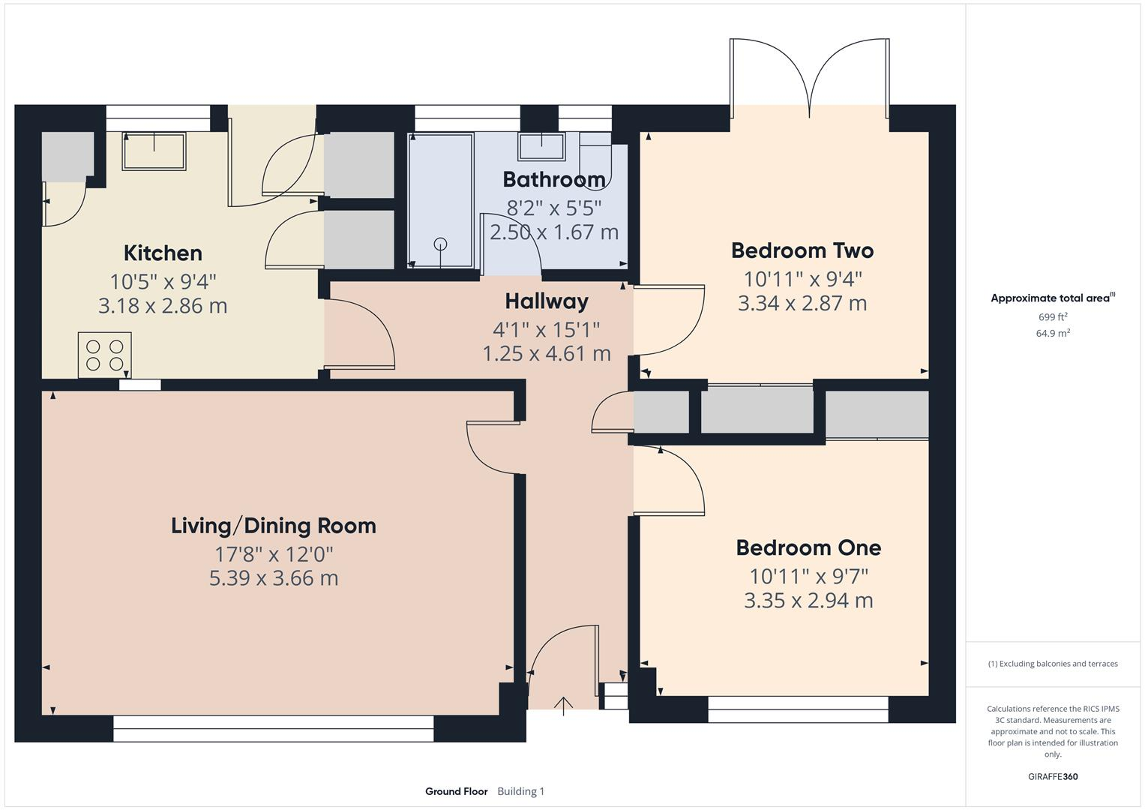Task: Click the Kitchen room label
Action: tap(163, 253)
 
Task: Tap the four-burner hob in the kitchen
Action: tap(104, 355)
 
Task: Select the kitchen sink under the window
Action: tap(154, 151)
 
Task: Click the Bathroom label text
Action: tap(553, 179)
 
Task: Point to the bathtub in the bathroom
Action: tap(440, 200)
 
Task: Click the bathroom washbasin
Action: tap(541, 146)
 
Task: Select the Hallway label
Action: tap(546, 301)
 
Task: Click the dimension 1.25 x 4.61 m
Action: tap(546, 353)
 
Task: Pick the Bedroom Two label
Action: tap(802, 250)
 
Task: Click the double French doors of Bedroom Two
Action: tap(810, 79)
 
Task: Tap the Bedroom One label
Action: tap(808, 547)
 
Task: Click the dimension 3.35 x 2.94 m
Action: tap(808, 601)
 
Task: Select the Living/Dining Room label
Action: tap(274, 526)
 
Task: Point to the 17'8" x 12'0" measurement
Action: tap(274, 554)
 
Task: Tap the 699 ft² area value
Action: tap(1053, 317)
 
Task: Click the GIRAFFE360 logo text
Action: tap(1053, 777)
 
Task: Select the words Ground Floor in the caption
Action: tap(456, 791)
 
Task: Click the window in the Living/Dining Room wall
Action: tap(274, 727)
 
